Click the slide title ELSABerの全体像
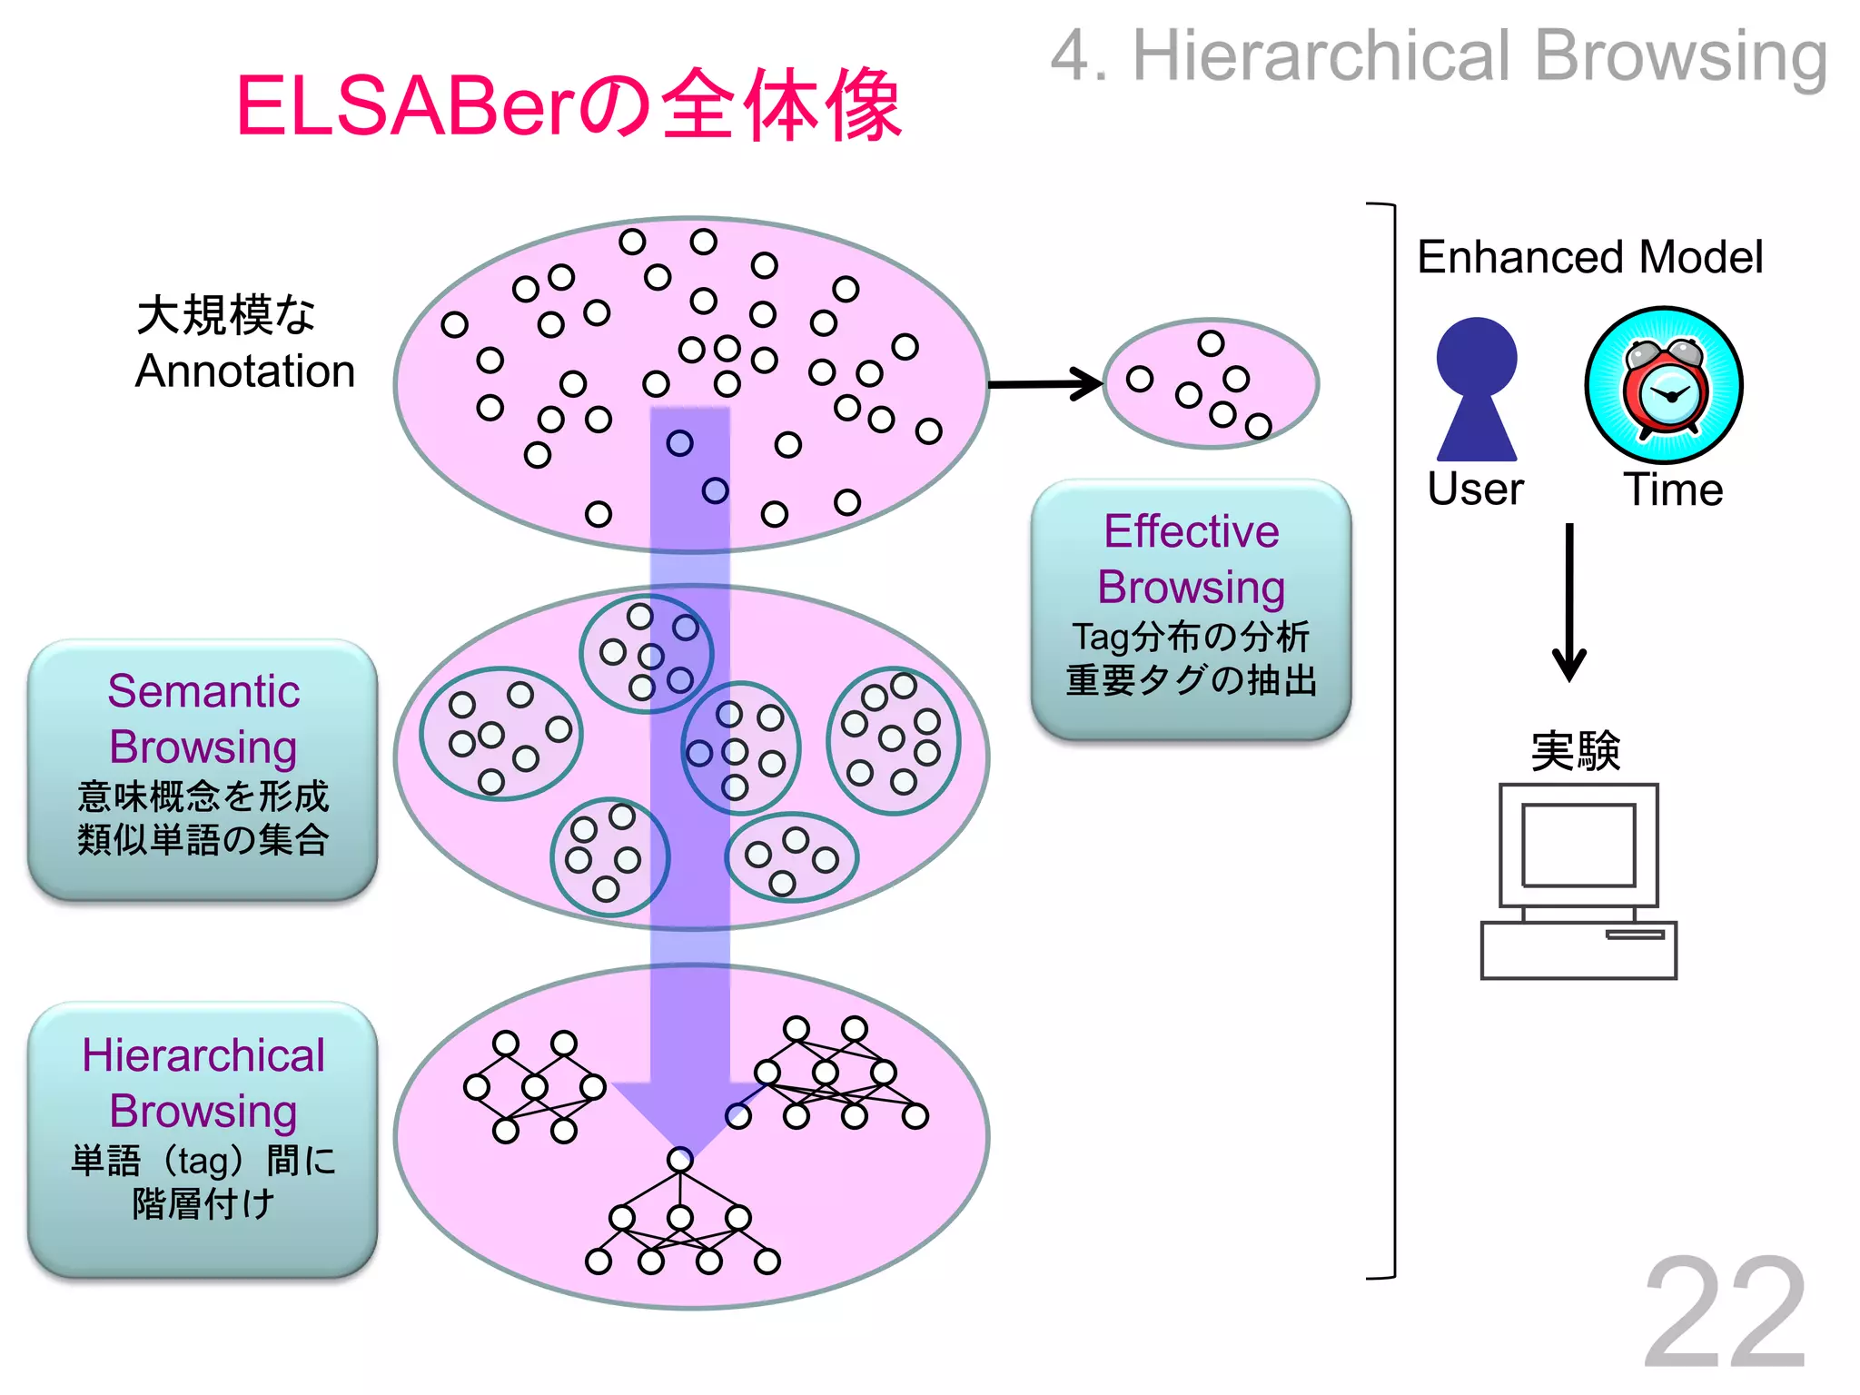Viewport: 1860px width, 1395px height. click(x=569, y=106)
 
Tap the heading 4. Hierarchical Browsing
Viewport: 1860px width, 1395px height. click(x=1439, y=56)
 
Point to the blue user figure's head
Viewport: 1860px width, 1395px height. click(x=1476, y=356)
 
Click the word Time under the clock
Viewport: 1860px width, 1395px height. click(x=1673, y=490)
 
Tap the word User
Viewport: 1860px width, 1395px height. click(x=1475, y=490)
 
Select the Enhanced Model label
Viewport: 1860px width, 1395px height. click(x=1589, y=257)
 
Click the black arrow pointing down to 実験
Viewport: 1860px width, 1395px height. click(x=1568, y=603)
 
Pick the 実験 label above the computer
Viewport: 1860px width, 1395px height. click(x=1576, y=751)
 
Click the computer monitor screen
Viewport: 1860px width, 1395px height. click(x=1578, y=845)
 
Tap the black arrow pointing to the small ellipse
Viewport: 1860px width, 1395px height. click(x=1044, y=384)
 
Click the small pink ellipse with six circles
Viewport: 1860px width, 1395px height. click(x=1212, y=384)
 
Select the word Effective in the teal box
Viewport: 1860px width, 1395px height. click(x=1191, y=531)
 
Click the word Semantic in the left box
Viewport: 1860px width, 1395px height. click(x=203, y=691)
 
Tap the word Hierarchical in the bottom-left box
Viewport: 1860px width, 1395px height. click(x=203, y=1055)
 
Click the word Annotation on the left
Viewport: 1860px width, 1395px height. click(x=245, y=371)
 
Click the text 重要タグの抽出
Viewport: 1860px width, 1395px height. click(x=1191, y=680)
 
